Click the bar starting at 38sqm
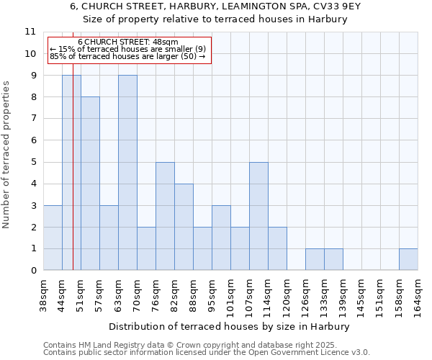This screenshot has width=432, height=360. click(x=53, y=238)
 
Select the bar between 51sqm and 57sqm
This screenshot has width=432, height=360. click(x=90, y=184)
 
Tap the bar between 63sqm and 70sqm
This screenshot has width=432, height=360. click(x=127, y=173)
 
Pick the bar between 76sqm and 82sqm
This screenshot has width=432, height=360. click(x=165, y=216)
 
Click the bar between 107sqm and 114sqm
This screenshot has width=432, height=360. click(x=258, y=216)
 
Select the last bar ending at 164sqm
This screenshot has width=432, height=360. click(x=408, y=259)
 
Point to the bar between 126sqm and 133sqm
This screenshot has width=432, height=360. click(x=315, y=259)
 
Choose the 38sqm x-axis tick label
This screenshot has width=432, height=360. click(x=44, y=294)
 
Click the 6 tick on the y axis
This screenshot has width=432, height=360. click(x=32, y=140)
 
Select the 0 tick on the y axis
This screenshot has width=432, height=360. click(x=32, y=271)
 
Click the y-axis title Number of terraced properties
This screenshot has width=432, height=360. click(x=7, y=155)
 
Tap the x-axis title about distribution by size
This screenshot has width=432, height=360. click(x=230, y=326)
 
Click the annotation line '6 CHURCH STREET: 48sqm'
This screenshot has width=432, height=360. click(x=127, y=42)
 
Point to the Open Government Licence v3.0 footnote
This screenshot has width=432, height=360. click(x=207, y=352)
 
